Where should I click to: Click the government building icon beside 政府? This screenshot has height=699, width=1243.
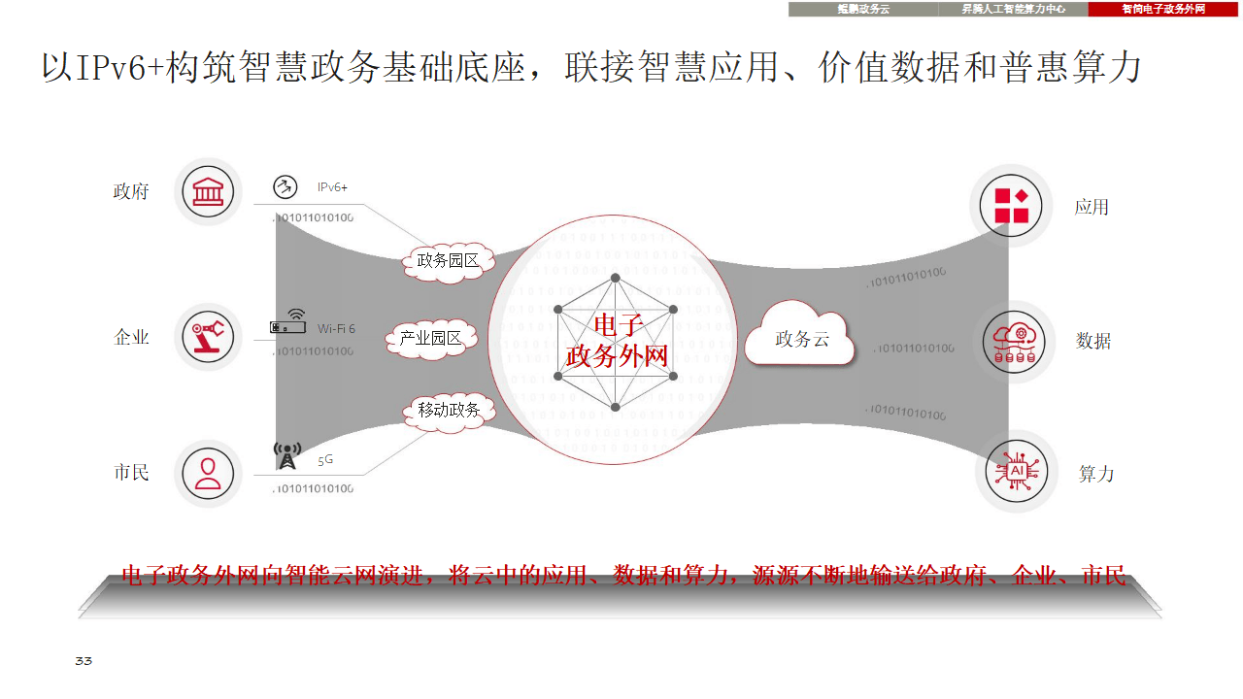click(x=208, y=191)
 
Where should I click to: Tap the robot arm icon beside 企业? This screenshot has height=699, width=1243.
click(x=208, y=336)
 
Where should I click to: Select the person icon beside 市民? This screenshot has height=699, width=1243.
click(x=208, y=473)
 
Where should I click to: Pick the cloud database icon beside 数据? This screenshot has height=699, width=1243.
click(x=1014, y=341)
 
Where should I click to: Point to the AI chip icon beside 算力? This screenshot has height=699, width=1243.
click(x=1016, y=472)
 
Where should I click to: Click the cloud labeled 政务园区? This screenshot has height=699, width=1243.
click(x=448, y=260)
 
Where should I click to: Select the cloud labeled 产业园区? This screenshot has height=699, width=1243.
click(x=431, y=338)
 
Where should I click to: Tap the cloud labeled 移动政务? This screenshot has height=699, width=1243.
click(x=449, y=410)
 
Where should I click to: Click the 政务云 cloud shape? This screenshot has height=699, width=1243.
click(x=800, y=337)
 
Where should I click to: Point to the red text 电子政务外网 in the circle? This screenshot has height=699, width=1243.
click(x=617, y=340)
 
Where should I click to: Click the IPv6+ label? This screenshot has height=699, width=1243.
click(x=332, y=186)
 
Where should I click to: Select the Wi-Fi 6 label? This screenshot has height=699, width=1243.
click(x=336, y=329)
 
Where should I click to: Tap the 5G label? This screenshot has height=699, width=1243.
click(x=325, y=460)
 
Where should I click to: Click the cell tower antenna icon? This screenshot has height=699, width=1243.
click(x=287, y=455)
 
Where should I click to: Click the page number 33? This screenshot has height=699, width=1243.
click(x=84, y=661)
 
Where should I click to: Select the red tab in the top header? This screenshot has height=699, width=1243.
click(x=1163, y=9)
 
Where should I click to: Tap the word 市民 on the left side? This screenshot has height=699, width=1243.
click(x=131, y=473)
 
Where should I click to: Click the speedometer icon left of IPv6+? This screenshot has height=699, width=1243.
click(x=284, y=187)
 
